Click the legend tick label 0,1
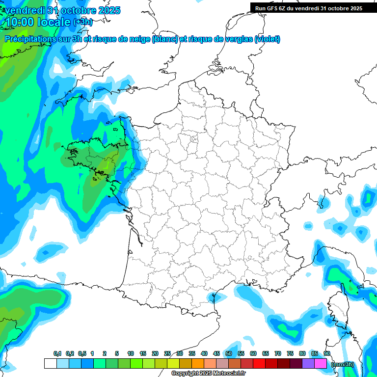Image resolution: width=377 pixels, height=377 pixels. (x=57, y=354)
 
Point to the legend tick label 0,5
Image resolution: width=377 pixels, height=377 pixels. (x=81, y=354)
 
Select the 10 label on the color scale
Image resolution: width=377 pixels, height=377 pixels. (x=131, y=354)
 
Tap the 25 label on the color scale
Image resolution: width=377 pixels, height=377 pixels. (x=167, y=354)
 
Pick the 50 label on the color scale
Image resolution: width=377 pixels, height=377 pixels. (x=229, y=354)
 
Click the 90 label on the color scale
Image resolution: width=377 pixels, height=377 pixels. (x=327, y=354)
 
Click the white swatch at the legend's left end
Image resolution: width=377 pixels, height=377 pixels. (x=50, y=364)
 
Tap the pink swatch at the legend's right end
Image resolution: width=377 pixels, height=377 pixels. (x=321, y=364)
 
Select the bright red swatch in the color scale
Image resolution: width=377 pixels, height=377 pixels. (x=259, y=364)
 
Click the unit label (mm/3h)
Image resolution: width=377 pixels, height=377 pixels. (x=343, y=364)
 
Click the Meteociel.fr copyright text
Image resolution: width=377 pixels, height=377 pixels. (x=208, y=374)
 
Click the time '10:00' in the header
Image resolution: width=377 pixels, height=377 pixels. (x=20, y=22)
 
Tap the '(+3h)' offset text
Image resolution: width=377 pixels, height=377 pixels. (x=82, y=22)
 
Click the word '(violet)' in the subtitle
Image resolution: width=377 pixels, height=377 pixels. (x=268, y=39)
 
